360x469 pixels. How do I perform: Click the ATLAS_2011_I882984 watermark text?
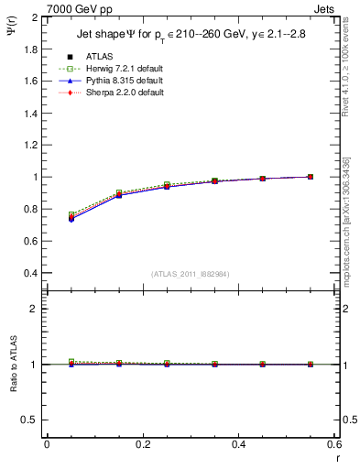pos(191,274)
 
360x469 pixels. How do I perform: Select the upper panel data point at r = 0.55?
pos(311,177)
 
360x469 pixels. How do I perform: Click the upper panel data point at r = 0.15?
pos(119,194)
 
